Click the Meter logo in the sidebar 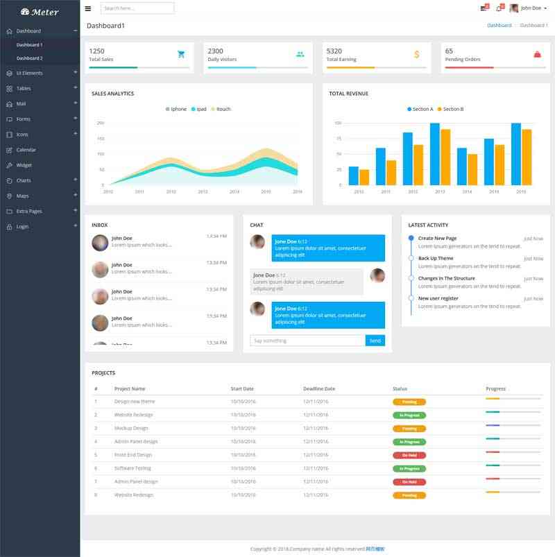40,12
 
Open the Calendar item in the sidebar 26,150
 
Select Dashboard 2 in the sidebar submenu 29,58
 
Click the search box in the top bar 137,8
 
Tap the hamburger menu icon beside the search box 88,8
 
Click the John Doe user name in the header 531,8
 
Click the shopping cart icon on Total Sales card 181,54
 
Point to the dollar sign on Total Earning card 416,54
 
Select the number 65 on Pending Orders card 450,51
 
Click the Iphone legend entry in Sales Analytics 178,109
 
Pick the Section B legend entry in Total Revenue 453,109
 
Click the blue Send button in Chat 375,341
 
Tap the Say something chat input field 307,341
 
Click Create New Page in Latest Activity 437,238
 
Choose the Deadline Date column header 319,388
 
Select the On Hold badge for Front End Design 409,455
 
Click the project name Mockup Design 131,428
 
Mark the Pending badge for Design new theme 409,402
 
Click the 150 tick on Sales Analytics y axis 101,139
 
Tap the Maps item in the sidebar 22,196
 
